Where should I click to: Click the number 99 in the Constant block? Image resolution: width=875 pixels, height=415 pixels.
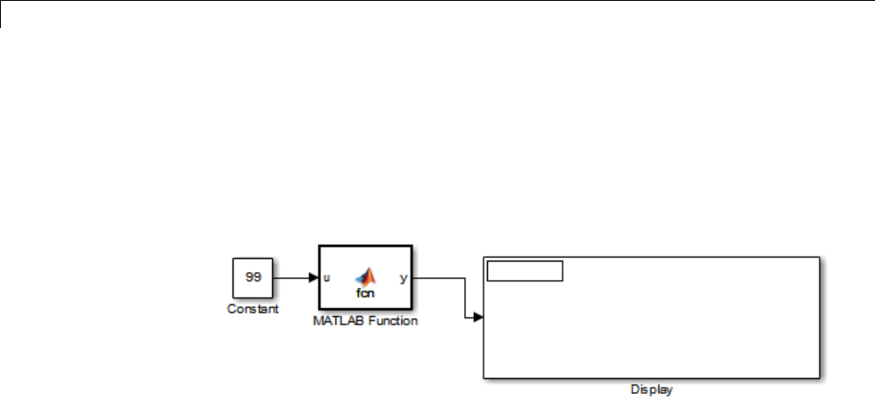point(253,277)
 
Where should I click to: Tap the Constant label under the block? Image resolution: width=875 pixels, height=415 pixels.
point(253,309)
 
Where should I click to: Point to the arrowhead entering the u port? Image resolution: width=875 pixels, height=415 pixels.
point(313,278)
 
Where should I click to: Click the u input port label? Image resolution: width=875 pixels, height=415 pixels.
point(326,278)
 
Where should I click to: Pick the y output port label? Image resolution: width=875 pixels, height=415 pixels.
point(403,278)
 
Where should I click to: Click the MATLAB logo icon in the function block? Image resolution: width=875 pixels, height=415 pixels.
point(364,275)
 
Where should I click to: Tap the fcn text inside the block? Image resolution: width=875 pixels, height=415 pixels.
point(364,292)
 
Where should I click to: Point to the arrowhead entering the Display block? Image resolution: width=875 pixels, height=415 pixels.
point(477,318)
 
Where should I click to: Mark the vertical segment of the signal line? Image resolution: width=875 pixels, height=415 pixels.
point(464,298)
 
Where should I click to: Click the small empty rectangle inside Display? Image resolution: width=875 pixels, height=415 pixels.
point(524,271)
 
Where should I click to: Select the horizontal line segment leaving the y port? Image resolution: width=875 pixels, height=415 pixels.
point(439,278)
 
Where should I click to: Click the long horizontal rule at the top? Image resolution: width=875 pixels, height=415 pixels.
point(439,1)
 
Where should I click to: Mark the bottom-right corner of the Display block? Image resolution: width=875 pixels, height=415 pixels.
point(819,378)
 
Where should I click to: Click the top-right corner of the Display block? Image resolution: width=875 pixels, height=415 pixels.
point(819,257)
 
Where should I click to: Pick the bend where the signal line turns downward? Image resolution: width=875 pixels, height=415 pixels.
point(464,278)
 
